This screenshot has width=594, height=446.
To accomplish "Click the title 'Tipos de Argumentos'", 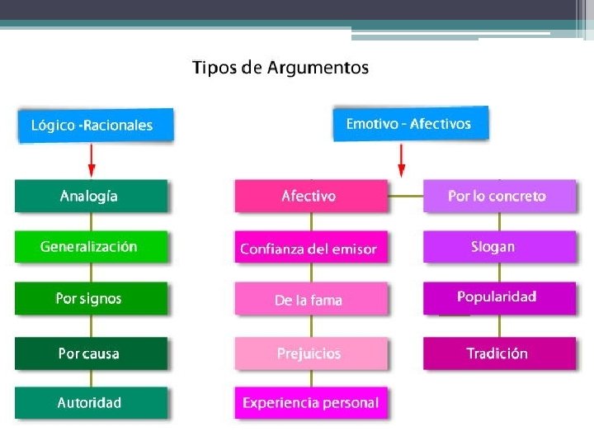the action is pyautogui.click(x=280, y=68).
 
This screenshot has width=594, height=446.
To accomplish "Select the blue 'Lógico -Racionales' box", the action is pyautogui.click(x=96, y=126).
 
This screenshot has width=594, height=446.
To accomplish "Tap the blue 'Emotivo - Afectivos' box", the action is pyautogui.click(x=410, y=124).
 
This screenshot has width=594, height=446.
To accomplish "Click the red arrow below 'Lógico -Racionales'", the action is pyautogui.click(x=92, y=159).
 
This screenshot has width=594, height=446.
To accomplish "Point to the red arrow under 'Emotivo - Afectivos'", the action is pyautogui.click(x=402, y=159).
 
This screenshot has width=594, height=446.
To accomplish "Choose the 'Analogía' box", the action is pyautogui.click(x=91, y=197).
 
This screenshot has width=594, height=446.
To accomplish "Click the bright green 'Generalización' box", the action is pyautogui.click(x=91, y=246).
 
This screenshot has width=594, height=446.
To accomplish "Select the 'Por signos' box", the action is pyautogui.click(x=91, y=298).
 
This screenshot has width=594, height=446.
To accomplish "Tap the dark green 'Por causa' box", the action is pyautogui.click(x=91, y=353).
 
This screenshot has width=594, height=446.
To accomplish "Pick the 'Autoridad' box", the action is pyautogui.click(x=91, y=403).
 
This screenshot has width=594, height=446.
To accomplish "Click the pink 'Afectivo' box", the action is pyautogui.click(x=310, y=197).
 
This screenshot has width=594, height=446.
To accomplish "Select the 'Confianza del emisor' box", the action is pyautogui.click(x=310, y=249).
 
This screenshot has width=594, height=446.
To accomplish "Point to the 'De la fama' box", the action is pyautogui.click(x=310, y=300).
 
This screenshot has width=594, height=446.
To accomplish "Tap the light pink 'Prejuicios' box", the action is pyautogui.click(x=310, y=353).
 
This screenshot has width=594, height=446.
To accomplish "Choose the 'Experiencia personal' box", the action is pyautogui.click(x=310, y=403).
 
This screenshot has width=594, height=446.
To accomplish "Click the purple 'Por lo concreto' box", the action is pyautogui.click(x=498, y=197).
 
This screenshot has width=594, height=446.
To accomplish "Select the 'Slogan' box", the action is pyautogui.click(x=498, y=246).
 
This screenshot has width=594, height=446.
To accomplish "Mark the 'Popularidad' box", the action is pyautogui.click(x=498, y=297).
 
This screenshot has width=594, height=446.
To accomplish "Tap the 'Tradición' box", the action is pyautogui.click(x=498, y=353).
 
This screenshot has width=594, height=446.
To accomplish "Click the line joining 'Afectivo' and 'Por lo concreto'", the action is pyautogui.click(x=405, y=197).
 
